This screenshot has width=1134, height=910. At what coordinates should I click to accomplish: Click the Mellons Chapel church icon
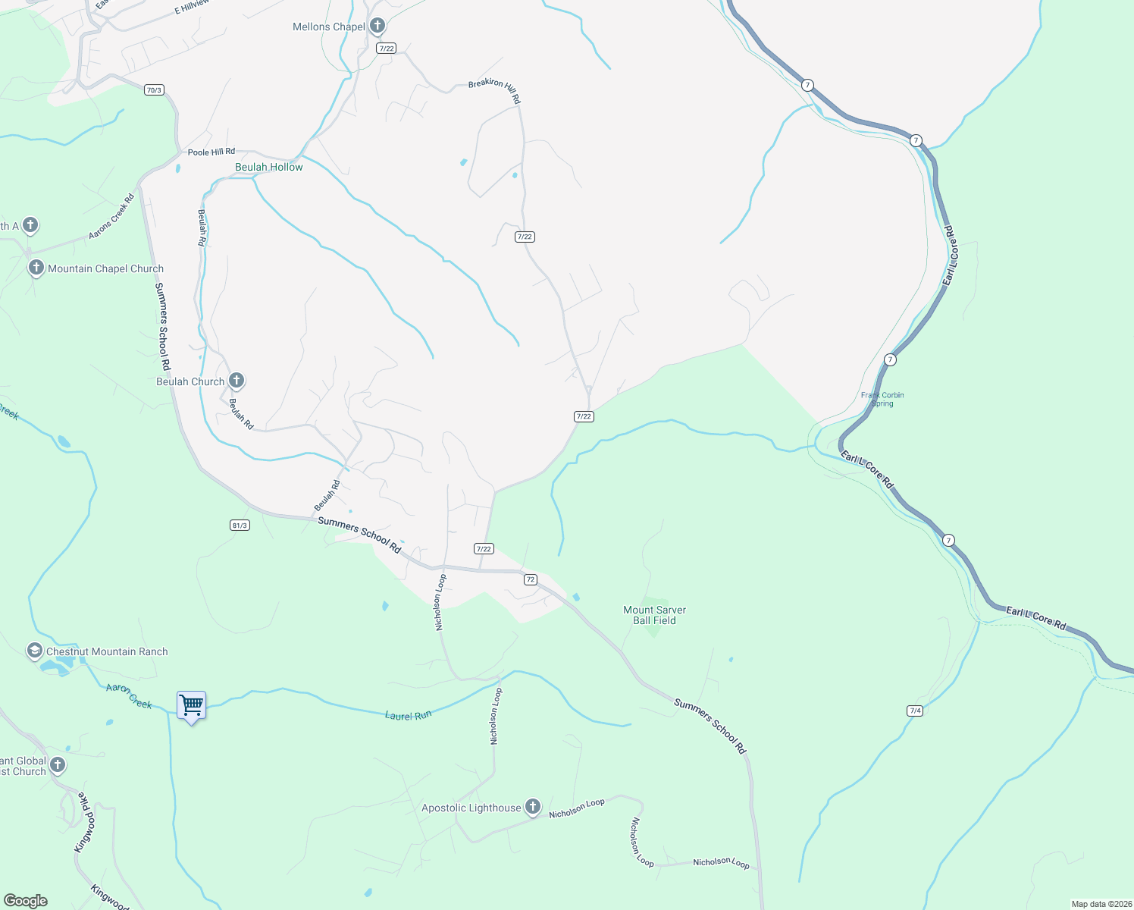point(377,27)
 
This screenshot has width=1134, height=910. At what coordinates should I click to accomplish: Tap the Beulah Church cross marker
point(237,381)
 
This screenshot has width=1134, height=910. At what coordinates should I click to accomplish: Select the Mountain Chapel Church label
point(105,268)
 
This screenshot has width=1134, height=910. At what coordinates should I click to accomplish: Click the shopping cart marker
point(191,706)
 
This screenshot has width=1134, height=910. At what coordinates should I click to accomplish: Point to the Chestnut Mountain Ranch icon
point(34,651)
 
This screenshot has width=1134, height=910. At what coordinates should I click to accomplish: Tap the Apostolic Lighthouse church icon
point(533,807)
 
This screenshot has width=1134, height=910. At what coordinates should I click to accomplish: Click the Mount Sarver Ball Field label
point(654,615)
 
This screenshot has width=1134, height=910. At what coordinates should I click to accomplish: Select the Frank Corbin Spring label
point(882,399)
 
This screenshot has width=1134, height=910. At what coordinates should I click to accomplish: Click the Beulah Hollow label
point(269,167)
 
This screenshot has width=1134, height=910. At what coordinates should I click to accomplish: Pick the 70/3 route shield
point(154,89)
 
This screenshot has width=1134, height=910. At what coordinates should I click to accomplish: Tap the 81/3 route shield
point(240,525)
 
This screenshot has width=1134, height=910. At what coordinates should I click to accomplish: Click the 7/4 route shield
point(915,711)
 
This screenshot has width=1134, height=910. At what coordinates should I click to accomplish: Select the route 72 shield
point(530,579)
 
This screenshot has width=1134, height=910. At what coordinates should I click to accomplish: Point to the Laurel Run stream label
point(408,715)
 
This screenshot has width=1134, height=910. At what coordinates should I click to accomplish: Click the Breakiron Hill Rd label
point(494,90)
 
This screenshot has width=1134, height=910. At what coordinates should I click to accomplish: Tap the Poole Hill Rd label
point(211,152)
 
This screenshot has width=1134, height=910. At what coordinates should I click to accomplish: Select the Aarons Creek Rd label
point(111,217)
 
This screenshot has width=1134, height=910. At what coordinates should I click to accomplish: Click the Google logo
point(25,901)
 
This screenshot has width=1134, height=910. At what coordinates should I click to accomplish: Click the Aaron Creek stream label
point(129,696)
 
